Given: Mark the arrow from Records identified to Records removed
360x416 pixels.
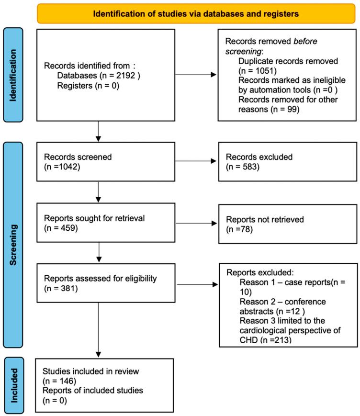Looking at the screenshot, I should click(x=189, y=75).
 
